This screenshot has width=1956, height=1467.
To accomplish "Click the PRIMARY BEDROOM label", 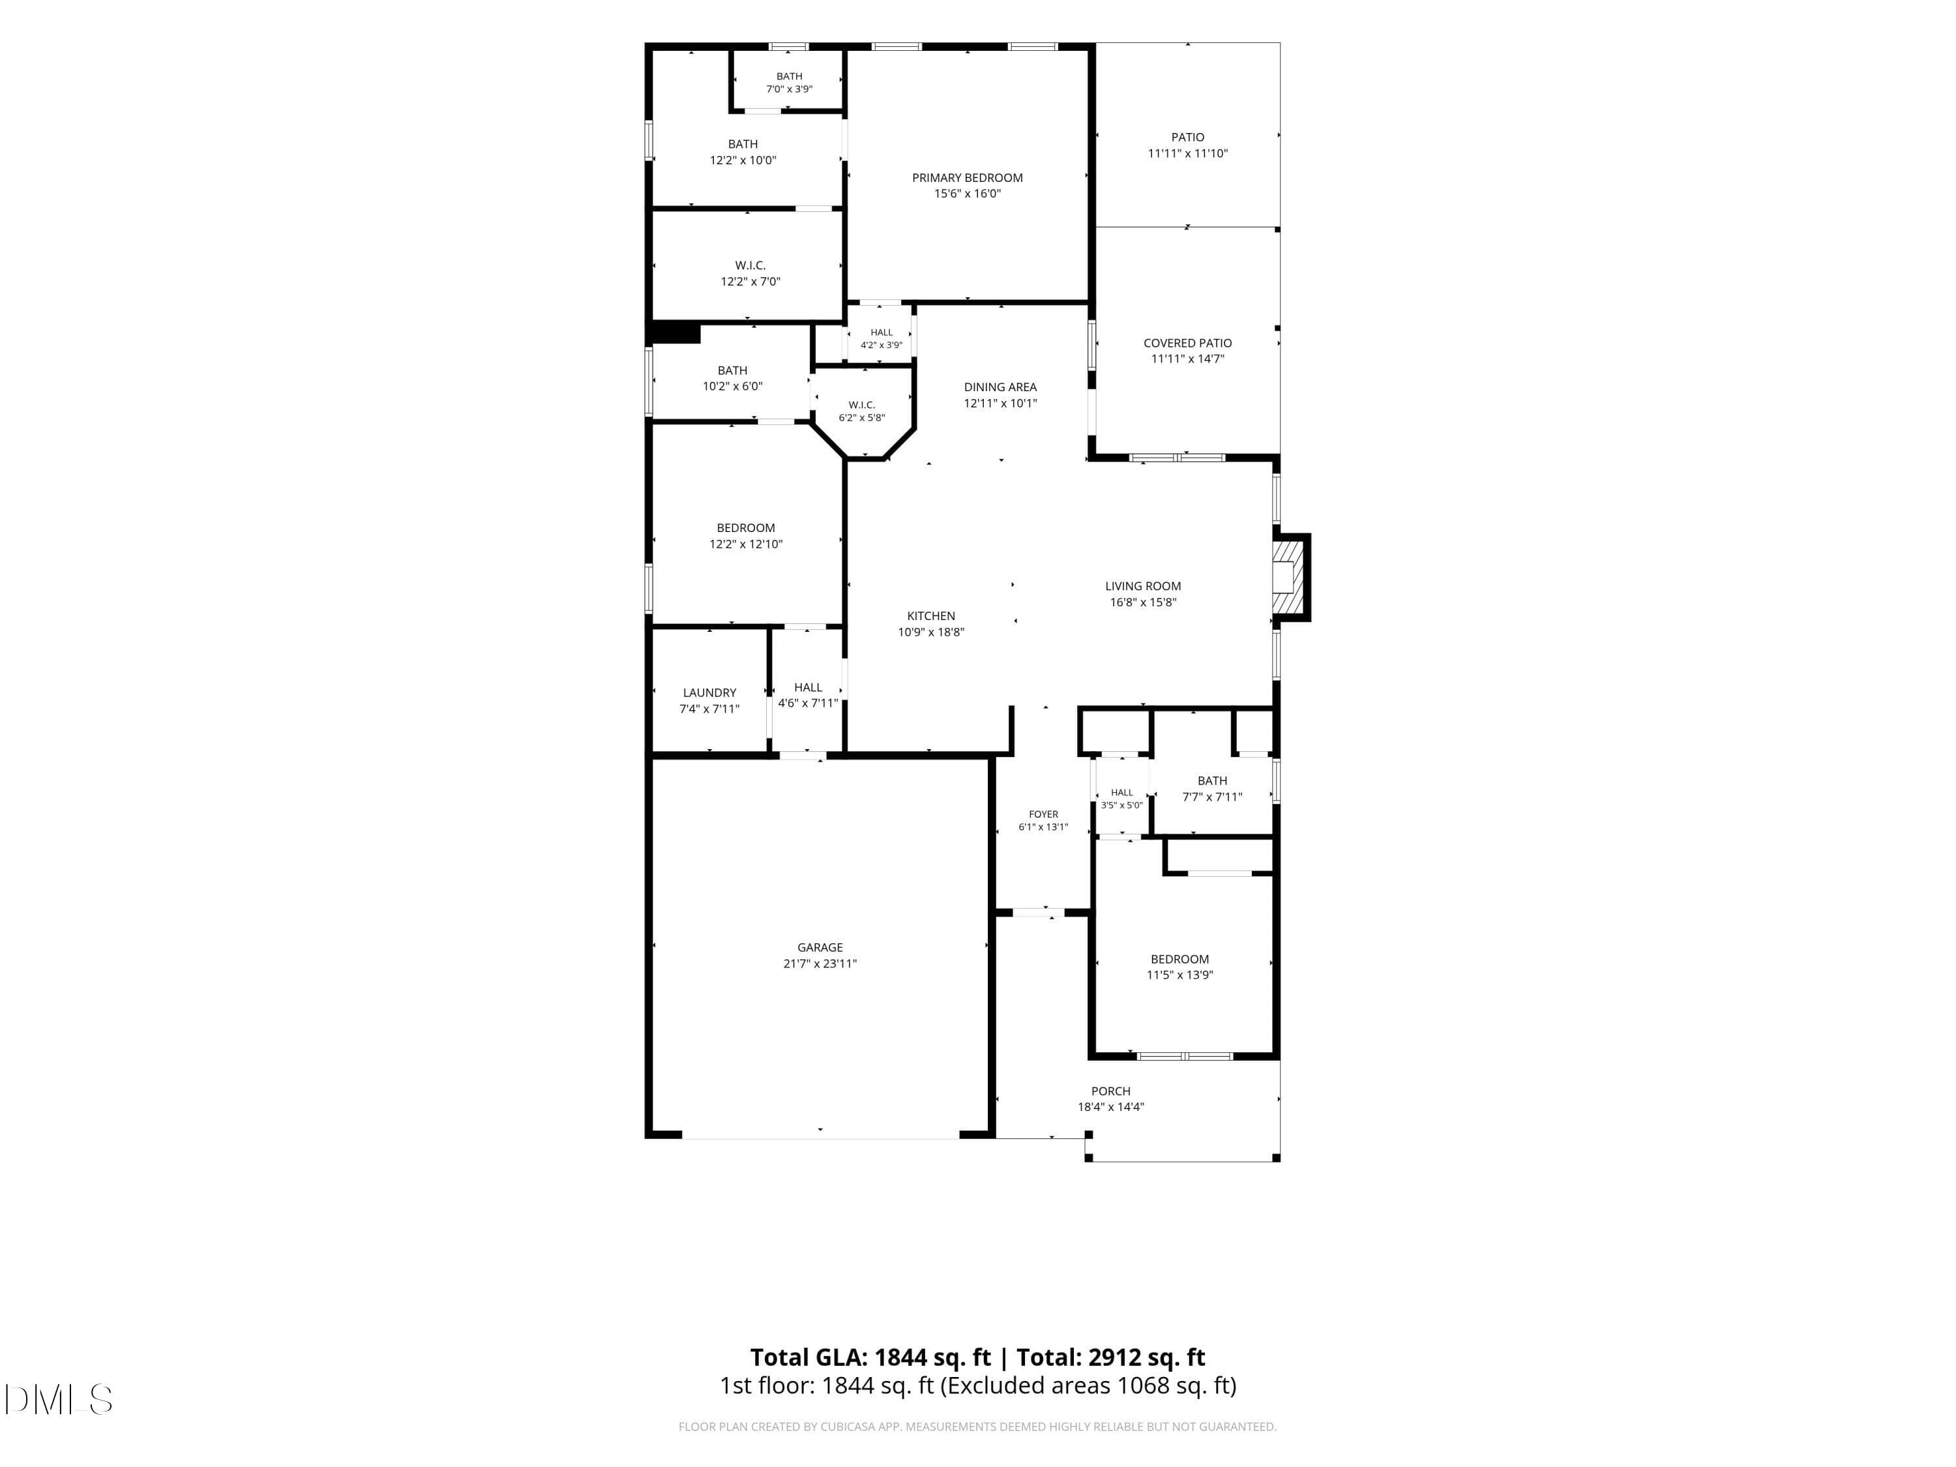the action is tap(968, 178).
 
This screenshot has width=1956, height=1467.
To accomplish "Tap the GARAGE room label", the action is tap(820, 947).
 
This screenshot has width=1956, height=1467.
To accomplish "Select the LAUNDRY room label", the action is tap(709, 692).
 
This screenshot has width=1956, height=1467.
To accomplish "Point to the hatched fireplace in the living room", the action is tap(1288, 576).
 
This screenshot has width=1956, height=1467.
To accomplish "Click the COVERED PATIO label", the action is tap(1187, 343).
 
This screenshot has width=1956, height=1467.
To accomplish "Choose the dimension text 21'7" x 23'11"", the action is tap(820, 964).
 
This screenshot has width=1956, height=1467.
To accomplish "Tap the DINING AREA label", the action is tap(1000, 387).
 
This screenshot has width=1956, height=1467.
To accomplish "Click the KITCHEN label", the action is tap(931, 616).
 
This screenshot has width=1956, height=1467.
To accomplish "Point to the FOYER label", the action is tap(1043, 814).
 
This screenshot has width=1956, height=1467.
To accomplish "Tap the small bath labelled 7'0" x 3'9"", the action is tap(789, 82).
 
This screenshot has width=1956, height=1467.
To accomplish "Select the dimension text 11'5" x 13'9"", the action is tap(1179, 975).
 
